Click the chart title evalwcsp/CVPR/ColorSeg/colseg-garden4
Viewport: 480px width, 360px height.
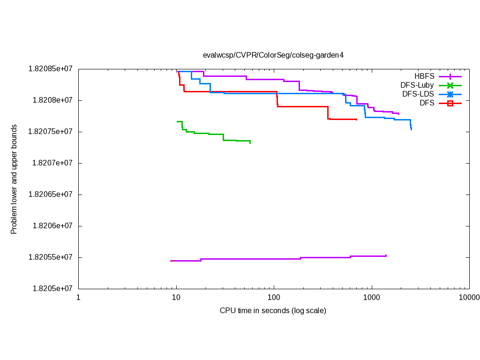(273, 55)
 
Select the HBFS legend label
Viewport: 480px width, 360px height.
(424, 76)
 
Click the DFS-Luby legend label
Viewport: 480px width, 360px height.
(417, 85)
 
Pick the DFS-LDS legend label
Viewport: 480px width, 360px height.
(418, 94)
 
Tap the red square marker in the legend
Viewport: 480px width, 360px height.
(450, 103)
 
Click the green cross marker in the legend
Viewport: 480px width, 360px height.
(450, 85)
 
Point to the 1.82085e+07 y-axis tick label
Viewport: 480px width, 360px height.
(51, 68)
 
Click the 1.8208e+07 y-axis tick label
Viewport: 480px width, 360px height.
(52, 100)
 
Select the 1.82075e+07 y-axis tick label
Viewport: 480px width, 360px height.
(51, 131)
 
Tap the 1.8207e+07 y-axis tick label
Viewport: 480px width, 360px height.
(52, 163)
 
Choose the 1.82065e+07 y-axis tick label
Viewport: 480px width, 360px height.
(51, 194)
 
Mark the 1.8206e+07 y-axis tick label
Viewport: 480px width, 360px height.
(52, 225)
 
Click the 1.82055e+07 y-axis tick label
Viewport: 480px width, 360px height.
(51, 257)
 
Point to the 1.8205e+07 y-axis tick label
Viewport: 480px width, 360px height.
(52, 288)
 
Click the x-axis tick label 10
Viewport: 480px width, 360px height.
(176, 297)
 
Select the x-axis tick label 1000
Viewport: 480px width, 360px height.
(371, 297)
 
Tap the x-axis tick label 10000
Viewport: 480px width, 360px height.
(469, 297)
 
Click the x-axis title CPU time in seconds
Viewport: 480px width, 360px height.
(273, 310)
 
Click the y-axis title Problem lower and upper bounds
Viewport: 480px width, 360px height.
(14, 179)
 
